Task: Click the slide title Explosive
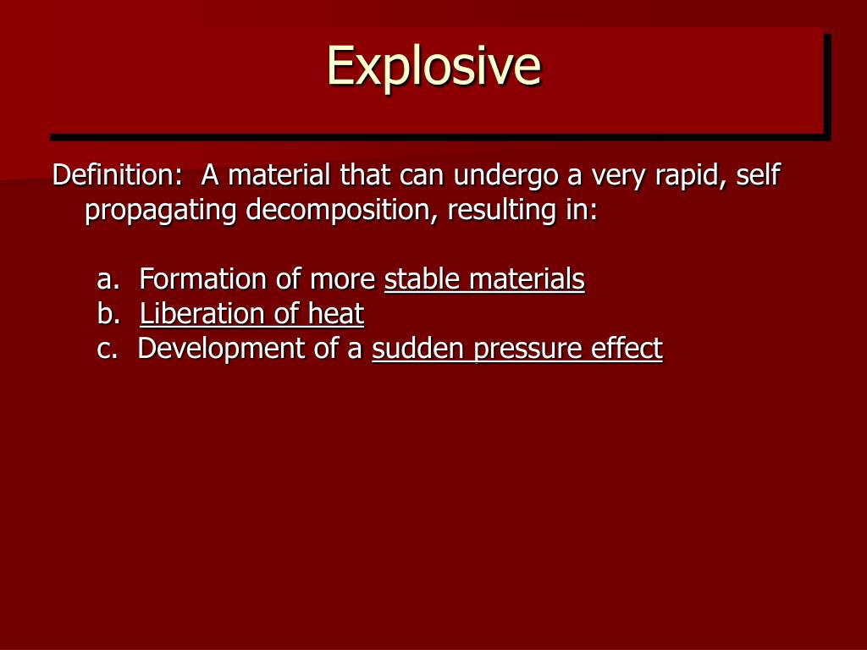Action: point(433,66)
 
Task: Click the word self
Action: point(758,175)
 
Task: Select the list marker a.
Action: point(106,278)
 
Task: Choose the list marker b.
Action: point(107,314)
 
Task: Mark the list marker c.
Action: point(106,349)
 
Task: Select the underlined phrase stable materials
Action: point(484,278)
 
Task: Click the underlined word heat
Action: point(335,314)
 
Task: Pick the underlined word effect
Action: point(627,349)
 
